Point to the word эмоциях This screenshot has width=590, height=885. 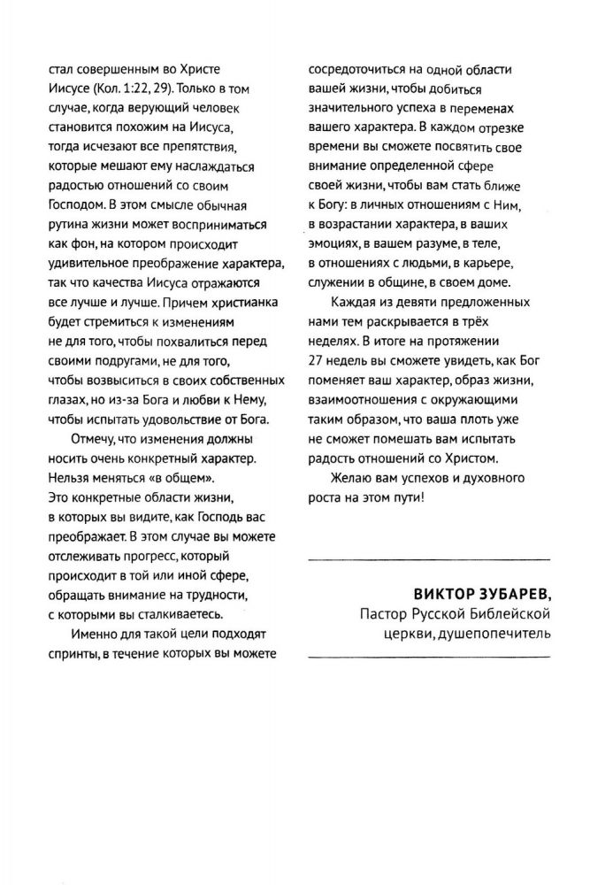pos(337,243)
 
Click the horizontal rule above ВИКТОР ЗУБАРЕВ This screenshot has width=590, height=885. pos(427,558)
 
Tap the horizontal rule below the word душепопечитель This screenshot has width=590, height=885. pos(427,656)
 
